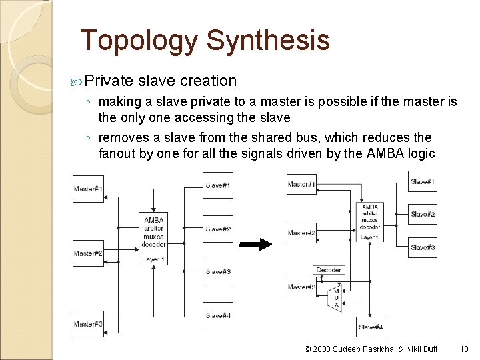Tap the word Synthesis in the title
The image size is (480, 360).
[268, 41]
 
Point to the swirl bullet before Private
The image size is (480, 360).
[77, 81]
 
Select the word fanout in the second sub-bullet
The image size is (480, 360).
[121, 154]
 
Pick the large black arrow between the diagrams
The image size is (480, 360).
[256, 244]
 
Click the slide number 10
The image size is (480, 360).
[464, 349]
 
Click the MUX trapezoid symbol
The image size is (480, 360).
[336, 298]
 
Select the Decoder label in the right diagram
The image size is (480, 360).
[328, 270]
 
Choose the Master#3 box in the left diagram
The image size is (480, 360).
[88, 324]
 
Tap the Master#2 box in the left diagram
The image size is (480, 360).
[88, 253]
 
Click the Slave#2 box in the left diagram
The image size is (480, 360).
[219, 229]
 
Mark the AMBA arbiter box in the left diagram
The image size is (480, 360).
[153, 239]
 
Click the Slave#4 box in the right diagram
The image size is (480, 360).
[371, 327]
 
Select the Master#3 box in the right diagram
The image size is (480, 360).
[301, 287]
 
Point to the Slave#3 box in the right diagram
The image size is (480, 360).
[423, 247]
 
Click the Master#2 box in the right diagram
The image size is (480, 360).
[301, 233]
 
